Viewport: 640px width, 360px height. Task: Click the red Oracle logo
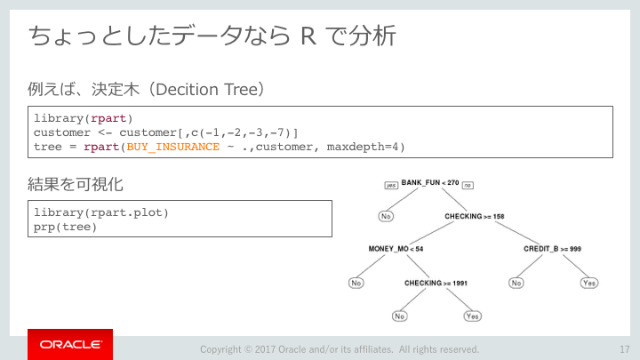(70, 345)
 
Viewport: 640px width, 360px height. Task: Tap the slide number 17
(625, 349)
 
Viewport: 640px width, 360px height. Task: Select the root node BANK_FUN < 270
(430, 182)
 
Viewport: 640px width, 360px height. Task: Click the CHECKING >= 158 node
(475, 216)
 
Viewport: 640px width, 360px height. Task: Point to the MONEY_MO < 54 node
(396, 249)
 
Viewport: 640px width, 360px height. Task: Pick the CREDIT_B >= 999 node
(552, 249)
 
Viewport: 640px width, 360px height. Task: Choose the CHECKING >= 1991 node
(436, 283)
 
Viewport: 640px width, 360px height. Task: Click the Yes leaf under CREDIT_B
(589, 283)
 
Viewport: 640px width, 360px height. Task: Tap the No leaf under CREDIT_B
(516, 283)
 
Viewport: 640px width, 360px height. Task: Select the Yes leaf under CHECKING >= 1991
(472, 316)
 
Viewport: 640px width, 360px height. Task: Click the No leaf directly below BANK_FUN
(386, 216)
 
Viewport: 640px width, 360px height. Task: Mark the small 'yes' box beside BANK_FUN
(391, 185)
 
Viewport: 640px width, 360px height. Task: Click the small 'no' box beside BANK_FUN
(468, 185)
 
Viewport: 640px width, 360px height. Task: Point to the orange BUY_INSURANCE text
(173, 147)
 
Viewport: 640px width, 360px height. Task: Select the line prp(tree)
(65, 227)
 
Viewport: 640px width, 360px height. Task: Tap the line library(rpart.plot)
(100, 212)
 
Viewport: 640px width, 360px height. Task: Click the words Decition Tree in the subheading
(206, 90)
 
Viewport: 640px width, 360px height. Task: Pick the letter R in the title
(308, 36)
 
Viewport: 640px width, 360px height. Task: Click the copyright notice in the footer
(340, 349)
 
